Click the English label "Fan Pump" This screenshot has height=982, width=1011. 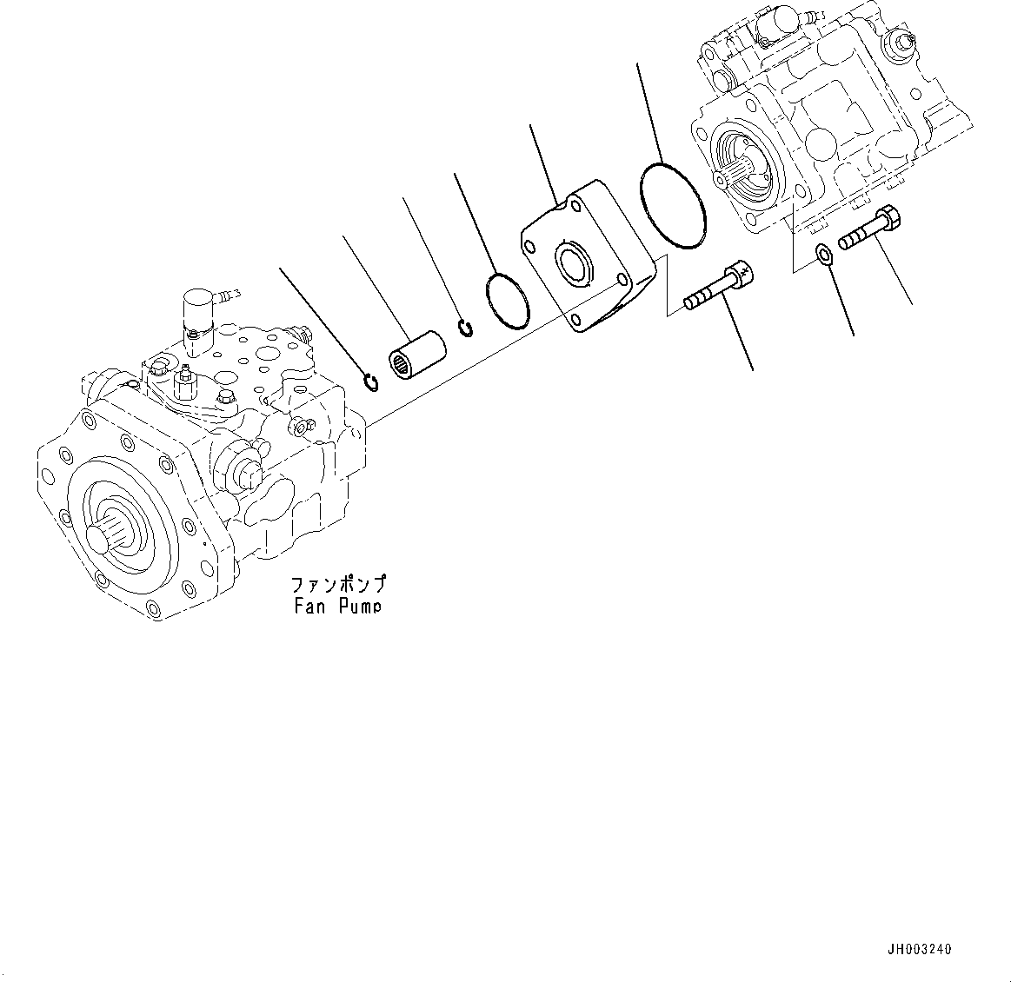coord(337,607)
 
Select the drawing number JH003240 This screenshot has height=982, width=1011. coord(921,950)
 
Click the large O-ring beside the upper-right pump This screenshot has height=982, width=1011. coord(673,206)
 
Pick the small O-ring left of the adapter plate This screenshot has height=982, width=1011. coord(506,302)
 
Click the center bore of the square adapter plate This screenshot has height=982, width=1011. coord(573,263)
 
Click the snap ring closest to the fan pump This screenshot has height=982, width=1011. coord(369,382)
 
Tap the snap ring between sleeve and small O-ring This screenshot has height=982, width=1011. coord(466,328)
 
